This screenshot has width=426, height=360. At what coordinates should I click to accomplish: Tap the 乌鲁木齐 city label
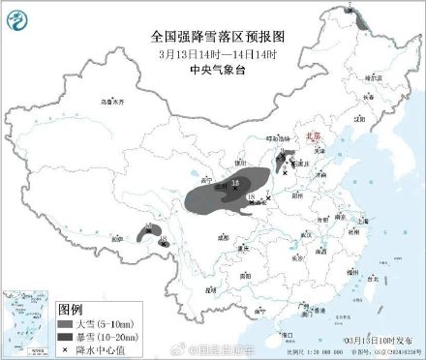pos(113,101)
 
